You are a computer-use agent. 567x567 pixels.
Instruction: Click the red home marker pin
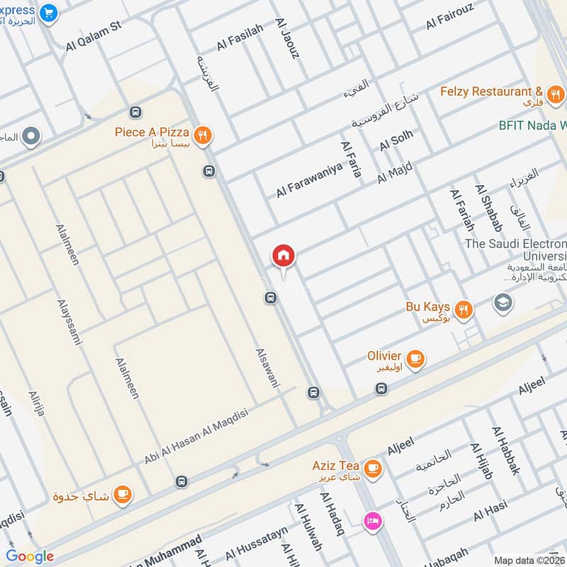click(283, 256)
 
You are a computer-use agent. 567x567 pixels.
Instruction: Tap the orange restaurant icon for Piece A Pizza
click(203, 135)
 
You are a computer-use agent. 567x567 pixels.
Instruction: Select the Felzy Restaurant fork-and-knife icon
click(555, 93)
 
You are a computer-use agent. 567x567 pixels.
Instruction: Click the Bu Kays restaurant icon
click(464, 309)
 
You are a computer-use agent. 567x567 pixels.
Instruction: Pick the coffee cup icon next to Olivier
click(415, 359)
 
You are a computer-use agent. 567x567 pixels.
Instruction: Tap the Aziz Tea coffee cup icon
click(372, 467)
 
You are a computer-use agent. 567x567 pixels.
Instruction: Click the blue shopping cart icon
click(48, 13)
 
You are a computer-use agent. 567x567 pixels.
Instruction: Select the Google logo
click(30, 556)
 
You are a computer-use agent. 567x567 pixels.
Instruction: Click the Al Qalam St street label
click(94, 35)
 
